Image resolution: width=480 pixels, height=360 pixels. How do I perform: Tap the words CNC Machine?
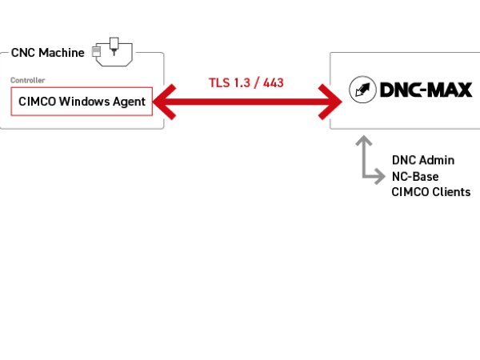(x=47, y=53)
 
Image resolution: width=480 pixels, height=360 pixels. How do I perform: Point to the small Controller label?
(x=27, y=81)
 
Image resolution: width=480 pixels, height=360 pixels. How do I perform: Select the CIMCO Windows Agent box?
(x=82, y=102)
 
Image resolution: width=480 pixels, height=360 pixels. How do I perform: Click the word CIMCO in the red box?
(x=35, y=102)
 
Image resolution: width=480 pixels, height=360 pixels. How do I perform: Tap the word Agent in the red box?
(x=130, y=102)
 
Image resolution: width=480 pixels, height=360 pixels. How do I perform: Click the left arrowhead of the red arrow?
(x=163, y=102)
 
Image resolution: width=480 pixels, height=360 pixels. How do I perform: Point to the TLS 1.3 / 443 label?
(x=246, y=82)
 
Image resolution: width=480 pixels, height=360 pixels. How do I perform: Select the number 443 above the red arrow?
(x=272, y=82)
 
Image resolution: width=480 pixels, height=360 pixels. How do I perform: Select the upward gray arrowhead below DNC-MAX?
(x=365, y=142)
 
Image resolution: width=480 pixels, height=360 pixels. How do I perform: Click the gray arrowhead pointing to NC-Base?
(x=379, y=176)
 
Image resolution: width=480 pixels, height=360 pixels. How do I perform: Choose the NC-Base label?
(x=415, y=176)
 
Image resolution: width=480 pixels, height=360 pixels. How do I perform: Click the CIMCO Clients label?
(x=431, y=192)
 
